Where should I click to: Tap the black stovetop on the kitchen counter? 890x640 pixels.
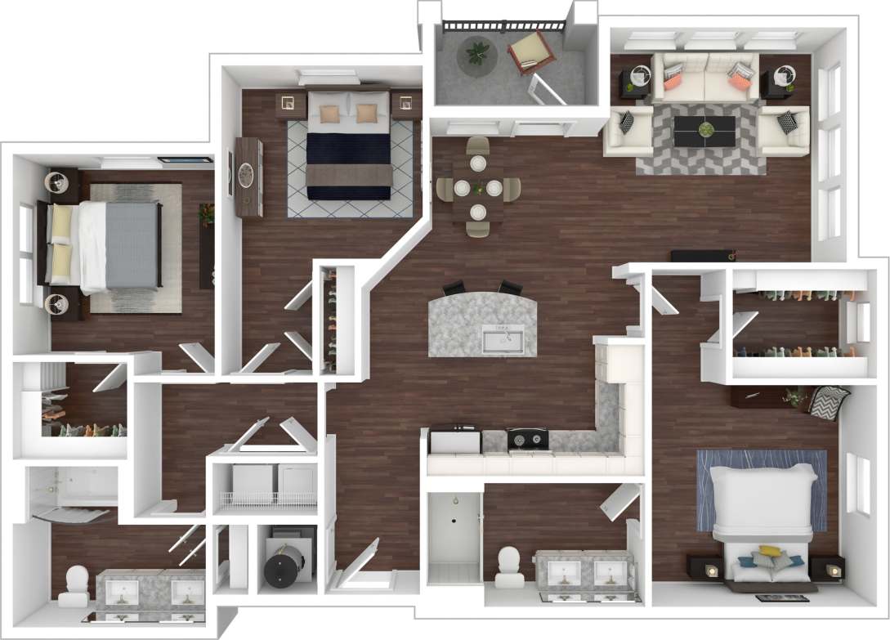(x=527, y=439)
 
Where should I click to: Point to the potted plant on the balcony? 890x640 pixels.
(x=476, y=55)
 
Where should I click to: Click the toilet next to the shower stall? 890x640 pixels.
(x=509, y=564)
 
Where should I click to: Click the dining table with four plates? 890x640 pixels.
(x=478, y=188)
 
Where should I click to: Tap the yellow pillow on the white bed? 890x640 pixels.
(x=769, y=552)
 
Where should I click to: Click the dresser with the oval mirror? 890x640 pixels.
(x=247, y=177)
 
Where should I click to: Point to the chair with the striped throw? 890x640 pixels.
(x=828, y=401)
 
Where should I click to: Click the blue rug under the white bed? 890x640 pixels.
(x=760, y=489)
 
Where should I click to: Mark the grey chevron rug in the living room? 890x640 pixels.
(x=701, y=159)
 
